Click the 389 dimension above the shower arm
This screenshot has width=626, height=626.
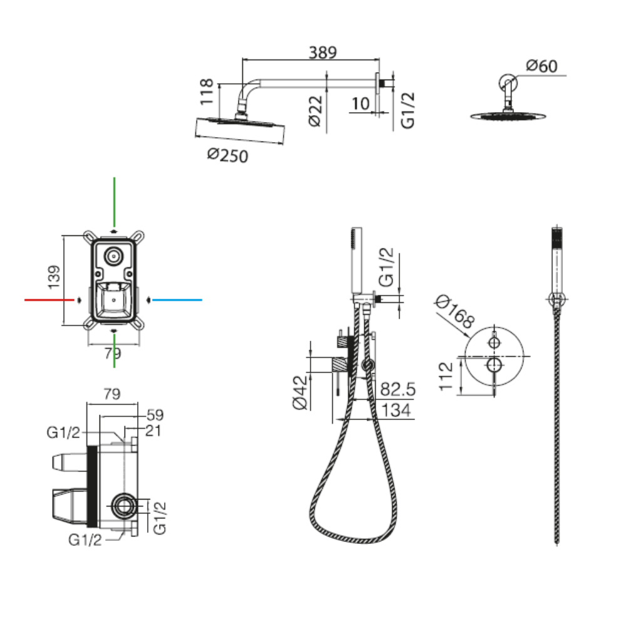click(322, 53)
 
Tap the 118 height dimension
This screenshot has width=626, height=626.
click(208, 91)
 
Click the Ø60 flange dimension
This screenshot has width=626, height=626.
click(541, 66)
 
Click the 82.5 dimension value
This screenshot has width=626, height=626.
click(398, 389)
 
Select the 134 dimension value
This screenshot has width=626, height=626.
click(396, 411)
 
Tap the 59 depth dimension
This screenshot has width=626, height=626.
click(155, 414)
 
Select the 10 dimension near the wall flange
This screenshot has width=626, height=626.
click(361, 103)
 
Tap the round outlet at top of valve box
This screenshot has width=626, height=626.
click(114, 255)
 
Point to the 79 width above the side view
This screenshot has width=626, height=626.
click(111, 394)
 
